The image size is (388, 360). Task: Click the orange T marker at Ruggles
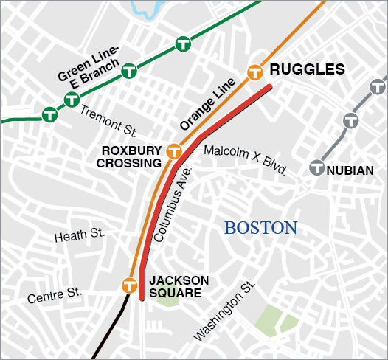255,72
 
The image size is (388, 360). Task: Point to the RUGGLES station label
308,70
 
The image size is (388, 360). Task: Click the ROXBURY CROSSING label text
131,156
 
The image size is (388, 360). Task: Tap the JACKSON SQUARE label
179,286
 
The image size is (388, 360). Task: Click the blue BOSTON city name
260,228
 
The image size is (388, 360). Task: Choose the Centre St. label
54,297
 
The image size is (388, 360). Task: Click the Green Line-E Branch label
89,67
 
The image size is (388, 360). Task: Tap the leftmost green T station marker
50,114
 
